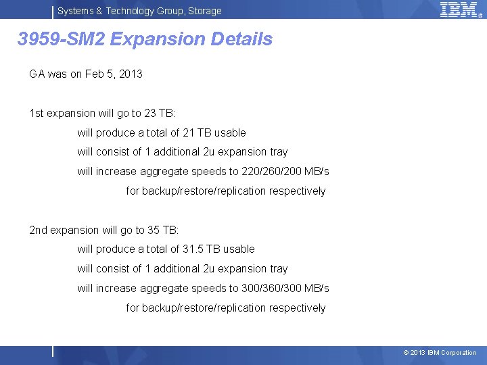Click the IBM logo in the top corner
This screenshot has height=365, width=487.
[x=459, y=9]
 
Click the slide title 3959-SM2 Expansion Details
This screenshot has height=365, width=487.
[x=145, y=39]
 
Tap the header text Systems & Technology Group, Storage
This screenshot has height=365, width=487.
[x=139, y=11]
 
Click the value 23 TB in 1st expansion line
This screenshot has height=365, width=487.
[x=159, y=114]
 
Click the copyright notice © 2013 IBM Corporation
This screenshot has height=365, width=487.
[x=440, y=353]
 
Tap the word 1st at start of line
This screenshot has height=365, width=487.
[x=37, y=114]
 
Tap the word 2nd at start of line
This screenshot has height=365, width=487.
[x=39, y=230]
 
